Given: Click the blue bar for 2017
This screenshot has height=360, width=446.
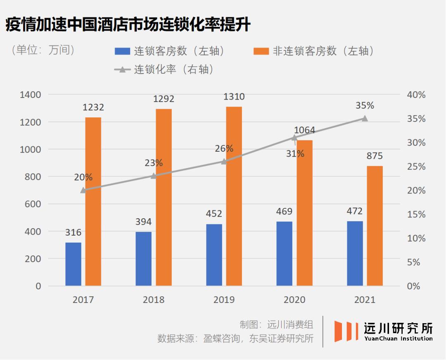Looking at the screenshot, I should tap(73, 264).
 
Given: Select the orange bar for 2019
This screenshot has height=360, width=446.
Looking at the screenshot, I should tap(234, 196).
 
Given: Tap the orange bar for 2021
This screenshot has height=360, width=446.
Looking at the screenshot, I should tap(375, 226).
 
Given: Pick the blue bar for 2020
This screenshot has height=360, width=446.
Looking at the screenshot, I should tap(285, 253).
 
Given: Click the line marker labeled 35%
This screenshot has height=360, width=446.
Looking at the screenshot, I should tap(365, 119).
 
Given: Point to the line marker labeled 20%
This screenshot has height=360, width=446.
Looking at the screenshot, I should tap(83, 190).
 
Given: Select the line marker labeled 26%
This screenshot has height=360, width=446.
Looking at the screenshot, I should tap(224, 162).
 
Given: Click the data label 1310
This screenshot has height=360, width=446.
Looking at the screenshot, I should tap(234, 97).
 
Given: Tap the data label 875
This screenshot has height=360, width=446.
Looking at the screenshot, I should tap(375, 156).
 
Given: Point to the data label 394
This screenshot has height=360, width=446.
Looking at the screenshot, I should tap(143, 222).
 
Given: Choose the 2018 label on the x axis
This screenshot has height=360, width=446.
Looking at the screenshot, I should tap(154, 300).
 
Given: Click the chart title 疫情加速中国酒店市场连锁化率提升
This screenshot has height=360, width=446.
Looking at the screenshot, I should tap(128, 25).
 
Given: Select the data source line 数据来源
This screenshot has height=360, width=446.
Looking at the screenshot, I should tap(235, 339).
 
